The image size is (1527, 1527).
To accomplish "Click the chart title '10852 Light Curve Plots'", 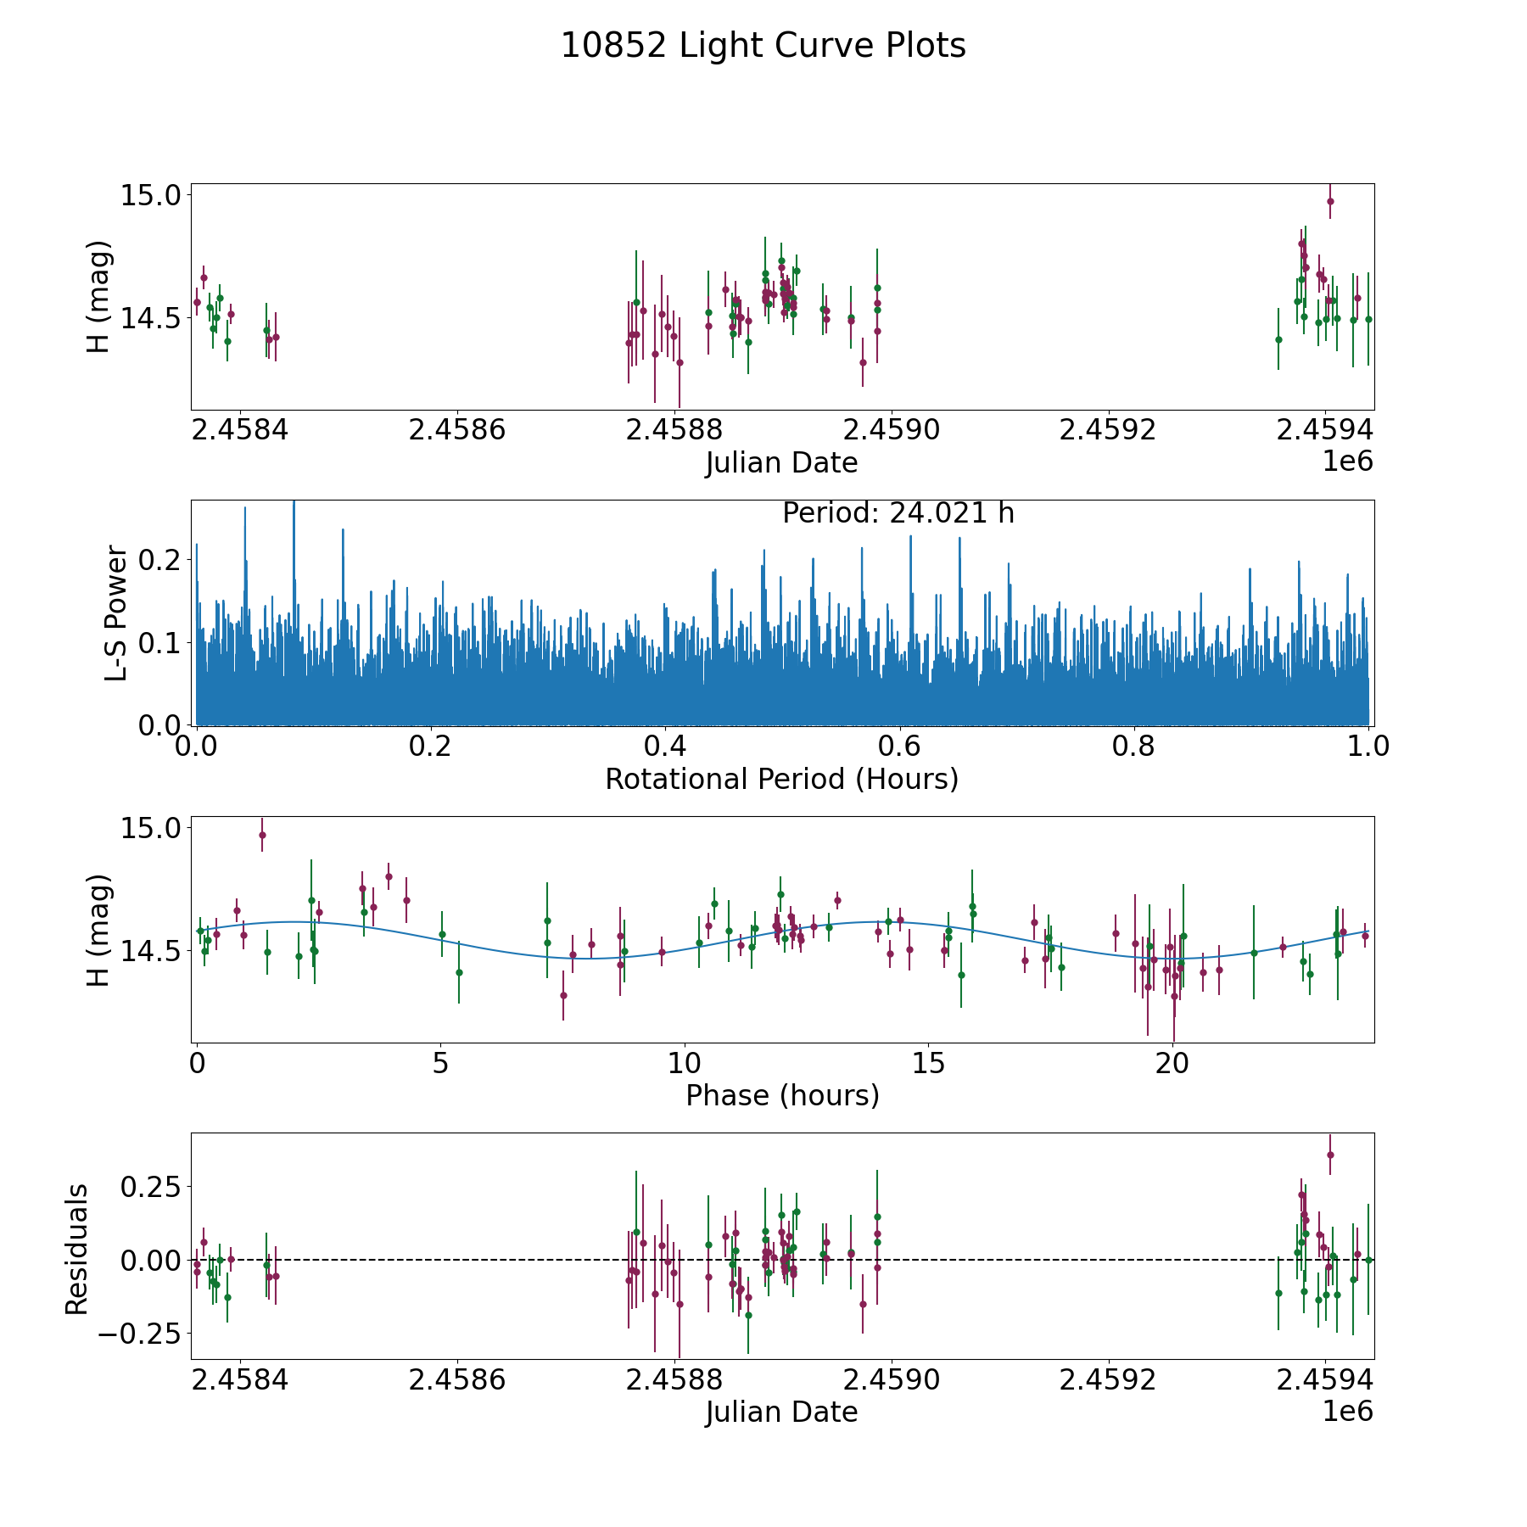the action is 763,46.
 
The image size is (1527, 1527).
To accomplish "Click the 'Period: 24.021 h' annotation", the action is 898,513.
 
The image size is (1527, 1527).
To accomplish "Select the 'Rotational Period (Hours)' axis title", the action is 782,779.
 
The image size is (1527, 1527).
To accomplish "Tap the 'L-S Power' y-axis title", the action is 116,612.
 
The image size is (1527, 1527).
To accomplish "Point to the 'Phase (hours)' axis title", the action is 782,1095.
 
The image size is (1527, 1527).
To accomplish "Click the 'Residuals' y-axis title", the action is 77,1250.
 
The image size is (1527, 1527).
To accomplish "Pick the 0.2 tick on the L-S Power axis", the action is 161,560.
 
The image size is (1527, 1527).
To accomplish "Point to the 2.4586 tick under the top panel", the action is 456,430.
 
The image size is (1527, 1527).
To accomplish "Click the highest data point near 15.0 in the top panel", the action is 1330,201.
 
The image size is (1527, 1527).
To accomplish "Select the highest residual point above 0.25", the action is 1330,1155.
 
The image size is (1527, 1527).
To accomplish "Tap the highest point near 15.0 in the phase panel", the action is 262,835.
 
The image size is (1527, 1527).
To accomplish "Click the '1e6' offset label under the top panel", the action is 1348,461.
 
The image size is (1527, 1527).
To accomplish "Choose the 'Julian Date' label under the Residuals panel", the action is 782,1412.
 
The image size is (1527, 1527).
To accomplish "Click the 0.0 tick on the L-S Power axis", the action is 161,725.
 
